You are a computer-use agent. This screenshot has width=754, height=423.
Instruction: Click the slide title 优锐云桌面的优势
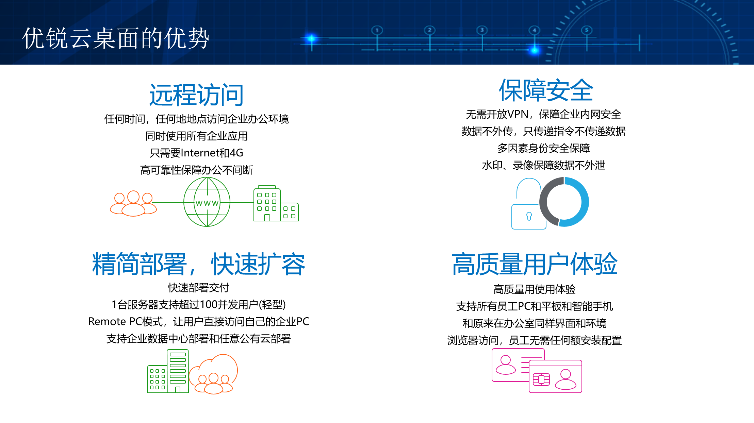pos(116,38)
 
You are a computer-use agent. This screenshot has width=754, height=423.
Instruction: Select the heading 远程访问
pos(196,95)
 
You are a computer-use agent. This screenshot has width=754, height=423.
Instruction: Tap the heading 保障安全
pos(546,90)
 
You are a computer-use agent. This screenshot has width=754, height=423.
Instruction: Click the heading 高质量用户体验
pos(535,264)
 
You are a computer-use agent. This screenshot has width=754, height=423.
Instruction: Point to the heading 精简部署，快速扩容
pos(199,264)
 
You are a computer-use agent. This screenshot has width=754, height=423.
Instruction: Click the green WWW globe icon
pos(207,202)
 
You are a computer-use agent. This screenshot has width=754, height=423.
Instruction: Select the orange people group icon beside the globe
pos(133,203)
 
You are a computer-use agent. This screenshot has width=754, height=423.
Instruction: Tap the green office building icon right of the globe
pos(276,203)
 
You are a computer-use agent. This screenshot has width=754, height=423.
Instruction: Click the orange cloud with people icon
pos(213,374)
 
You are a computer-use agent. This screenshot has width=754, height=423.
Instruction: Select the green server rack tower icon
pos(178,371)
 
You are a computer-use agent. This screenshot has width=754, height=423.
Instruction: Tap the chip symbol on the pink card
pos(541,379)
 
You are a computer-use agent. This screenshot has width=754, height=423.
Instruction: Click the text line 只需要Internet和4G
pos(196,153)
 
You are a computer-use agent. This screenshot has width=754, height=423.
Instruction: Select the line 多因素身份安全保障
pos(544,148)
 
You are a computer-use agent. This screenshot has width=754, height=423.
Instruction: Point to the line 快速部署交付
pos(199,288)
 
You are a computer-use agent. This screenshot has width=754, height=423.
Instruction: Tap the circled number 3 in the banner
pos(482,30)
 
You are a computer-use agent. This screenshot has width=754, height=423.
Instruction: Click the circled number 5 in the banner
pos(587,30)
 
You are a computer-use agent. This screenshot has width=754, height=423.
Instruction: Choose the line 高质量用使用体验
pos(535,289)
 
